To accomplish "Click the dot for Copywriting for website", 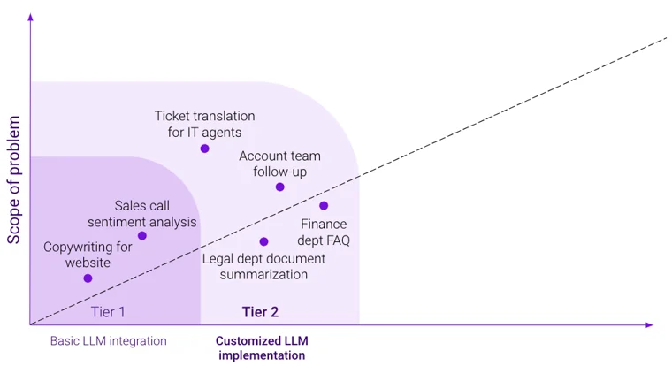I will tap(88, 278).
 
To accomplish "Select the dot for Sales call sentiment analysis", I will tap(142, 235).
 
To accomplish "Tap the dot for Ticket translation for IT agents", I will tap(205, 149).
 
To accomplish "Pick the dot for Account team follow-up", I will tap(280, 187).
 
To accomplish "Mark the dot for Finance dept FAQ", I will tap(324, 206).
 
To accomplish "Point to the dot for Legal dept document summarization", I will tap(263, 241).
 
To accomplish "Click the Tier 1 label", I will tap(108, 311).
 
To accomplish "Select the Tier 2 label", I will tap(260, 311).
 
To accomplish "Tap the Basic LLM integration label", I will tap(108, 340).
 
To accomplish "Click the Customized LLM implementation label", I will tap(261, 347).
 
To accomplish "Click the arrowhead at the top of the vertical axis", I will tap(30, 18).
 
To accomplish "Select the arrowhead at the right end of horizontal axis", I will tap(650, 325).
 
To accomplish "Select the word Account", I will tap(262, 156).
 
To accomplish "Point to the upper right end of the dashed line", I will tap(665, 38).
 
